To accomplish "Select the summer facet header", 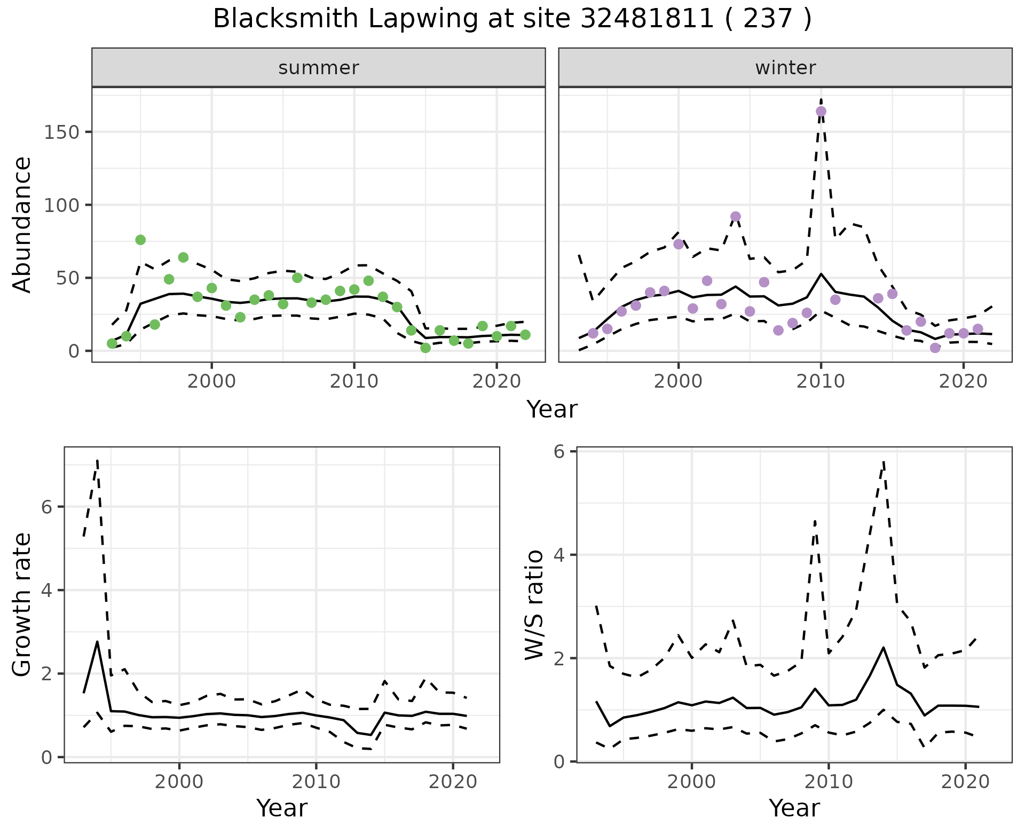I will coord(319,68).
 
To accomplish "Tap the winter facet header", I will coord(785,68).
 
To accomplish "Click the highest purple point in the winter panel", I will coord(821,112).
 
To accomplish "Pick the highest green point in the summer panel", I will coord(140,240).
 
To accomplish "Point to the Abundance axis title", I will coord(22,224).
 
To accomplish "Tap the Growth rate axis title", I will coord(22,605).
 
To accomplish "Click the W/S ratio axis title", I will coord(534,605).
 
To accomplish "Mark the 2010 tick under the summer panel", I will coord(354,382).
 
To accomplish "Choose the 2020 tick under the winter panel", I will coord(963,382).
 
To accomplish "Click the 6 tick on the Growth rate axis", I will coord(47,507).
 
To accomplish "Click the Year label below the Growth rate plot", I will coord(282,808).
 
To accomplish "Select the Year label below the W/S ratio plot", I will coord(794,808).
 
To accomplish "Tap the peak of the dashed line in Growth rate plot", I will coord(97,460).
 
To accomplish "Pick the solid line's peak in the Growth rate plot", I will coord(97,641).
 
